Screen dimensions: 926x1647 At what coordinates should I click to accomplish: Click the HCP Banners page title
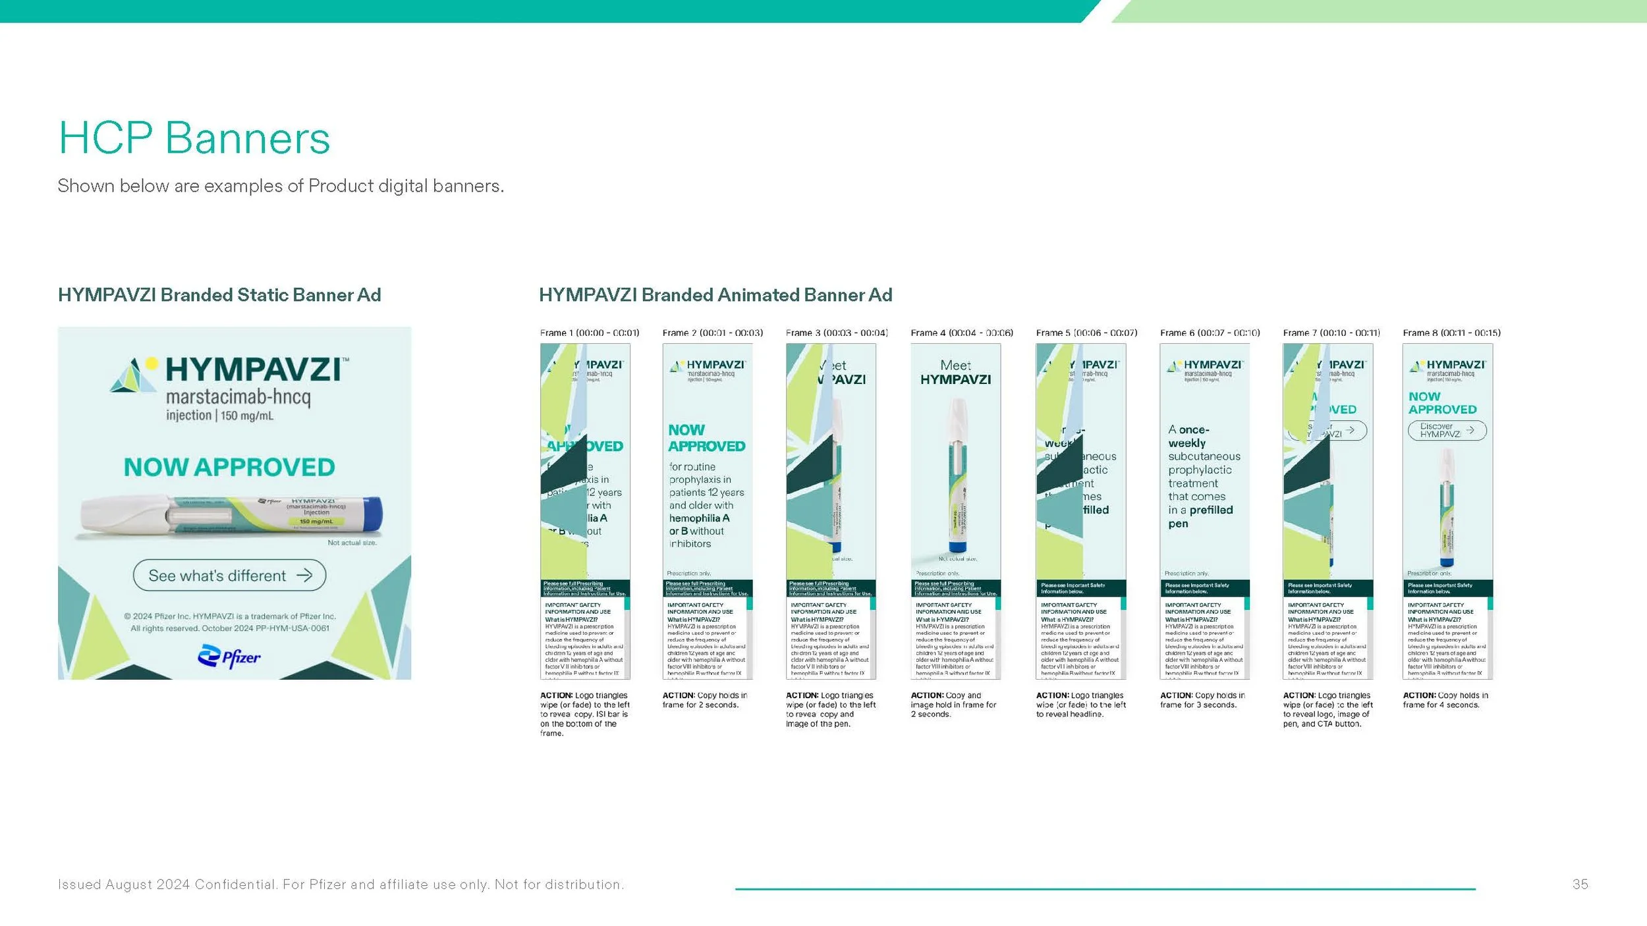click(x=194, y=138)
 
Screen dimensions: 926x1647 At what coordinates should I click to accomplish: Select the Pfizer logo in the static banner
click(x=229, y=657)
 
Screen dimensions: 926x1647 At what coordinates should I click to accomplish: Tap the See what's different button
click(x=229, y=576)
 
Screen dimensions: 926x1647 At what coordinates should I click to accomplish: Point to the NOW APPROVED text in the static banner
click(x=229, y=467)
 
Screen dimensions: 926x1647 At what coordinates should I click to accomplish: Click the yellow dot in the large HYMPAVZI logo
click(x=152, y=363)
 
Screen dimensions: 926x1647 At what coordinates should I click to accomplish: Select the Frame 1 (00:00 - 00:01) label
click(x=590, y=333)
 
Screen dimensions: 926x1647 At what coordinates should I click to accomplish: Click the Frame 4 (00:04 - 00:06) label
click(x=962, y=333)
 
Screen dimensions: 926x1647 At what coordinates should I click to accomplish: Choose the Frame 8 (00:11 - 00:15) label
click(x=1452, y=333)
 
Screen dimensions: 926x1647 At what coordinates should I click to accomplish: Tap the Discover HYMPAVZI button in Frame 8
click(x=1447, y=430)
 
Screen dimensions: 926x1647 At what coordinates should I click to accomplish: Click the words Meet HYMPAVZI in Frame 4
click(x=955, y=372)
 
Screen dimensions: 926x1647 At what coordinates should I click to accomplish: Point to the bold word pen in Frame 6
click(x=1178, y=524)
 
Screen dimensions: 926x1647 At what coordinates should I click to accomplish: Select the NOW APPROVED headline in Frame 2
click(x=706, y=438)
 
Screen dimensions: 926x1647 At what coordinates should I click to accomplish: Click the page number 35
click(x=1580, y=884)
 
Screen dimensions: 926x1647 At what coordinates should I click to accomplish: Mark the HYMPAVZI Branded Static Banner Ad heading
click(x=219, y=294)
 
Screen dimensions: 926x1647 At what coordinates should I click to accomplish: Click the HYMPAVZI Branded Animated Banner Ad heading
click(x=715, y=294)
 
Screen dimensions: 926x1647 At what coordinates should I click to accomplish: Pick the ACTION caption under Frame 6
click(x=1202, y=699)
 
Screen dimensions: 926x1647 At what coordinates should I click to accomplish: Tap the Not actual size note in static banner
click(x=352, y=543)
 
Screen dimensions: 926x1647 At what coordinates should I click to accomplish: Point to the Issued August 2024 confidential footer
click(x=341, y=884)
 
